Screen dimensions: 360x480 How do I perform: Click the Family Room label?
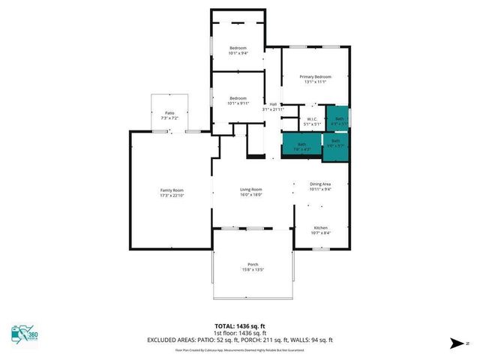point(172,190)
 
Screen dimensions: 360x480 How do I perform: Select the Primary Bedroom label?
point(315,76)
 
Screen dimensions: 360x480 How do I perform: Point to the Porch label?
point(253,265)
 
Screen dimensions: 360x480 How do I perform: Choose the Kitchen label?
point(320,227)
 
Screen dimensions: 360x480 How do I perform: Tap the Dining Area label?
point(320,184)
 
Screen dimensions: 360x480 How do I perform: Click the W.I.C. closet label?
point(312,118)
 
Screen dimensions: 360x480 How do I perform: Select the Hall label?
point(273,103)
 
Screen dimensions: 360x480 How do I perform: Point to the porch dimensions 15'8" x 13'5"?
point(253,270)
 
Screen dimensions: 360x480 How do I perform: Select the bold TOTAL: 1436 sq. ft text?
point(240,325)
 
